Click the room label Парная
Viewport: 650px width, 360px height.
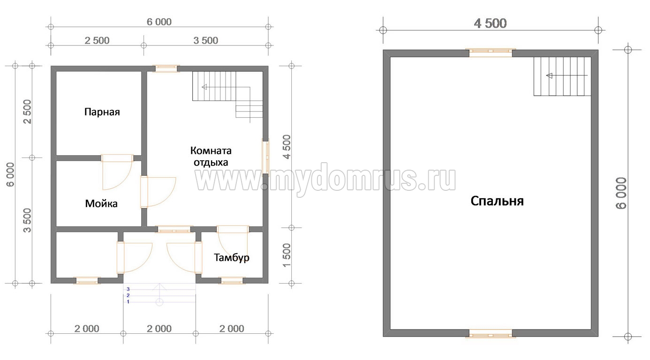(102, 112)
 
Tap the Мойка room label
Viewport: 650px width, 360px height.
(101, 203)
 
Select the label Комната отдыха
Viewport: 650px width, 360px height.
(211, 157)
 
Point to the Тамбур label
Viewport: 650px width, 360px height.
(232, 258)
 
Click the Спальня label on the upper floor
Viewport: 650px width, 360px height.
(497, 201)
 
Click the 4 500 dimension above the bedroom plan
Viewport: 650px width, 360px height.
(490, 23)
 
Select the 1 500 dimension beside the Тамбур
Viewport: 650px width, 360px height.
(286, 255)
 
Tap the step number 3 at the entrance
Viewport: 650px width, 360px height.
(128, 289)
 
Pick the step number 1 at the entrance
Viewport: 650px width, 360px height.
(128, 302)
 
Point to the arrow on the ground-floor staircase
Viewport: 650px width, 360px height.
(226, 87)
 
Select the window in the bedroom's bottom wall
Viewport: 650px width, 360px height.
(491, 334)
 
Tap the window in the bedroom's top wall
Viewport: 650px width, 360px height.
(491, 52)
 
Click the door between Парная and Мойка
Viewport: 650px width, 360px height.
(117, 172)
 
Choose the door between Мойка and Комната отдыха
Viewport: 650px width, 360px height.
(158, 192)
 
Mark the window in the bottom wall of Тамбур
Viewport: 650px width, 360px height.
(232, 280)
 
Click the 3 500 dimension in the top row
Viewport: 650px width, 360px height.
(206, 41)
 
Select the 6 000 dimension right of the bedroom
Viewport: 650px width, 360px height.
(621, 193)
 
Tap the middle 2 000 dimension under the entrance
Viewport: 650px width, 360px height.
(159, 329)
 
